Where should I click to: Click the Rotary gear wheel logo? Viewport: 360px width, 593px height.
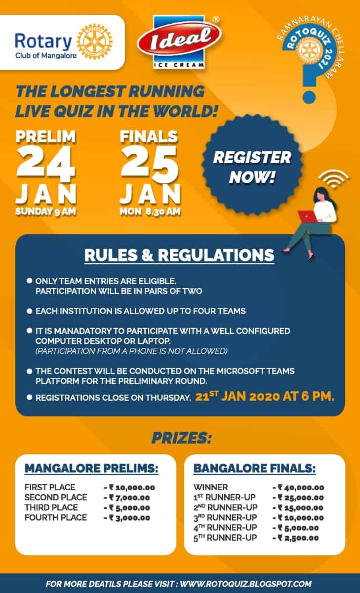pyautogui.click(x=94, y=42)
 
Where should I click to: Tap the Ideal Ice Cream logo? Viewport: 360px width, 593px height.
pyautogui.click(x=179, y=42)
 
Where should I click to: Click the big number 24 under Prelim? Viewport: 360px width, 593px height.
pyautogui.click(x=45, y=164)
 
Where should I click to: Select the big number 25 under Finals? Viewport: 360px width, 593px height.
pyautogui.click(x=150, y=164)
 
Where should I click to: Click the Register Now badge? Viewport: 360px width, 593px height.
pyautogui.click(x=252, y=167)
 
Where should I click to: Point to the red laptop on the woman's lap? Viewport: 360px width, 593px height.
pyautogui.click(x=307, y=216)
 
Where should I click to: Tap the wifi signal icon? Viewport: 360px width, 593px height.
pyautogui.click(x=334, y=179)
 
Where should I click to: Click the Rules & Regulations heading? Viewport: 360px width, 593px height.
pyautogui.click(x=179, y=255)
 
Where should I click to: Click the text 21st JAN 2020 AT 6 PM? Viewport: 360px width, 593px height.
pyautogui.click(x=265, y=396)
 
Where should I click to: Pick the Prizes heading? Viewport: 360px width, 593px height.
pyautogui.click(x=181, y=438)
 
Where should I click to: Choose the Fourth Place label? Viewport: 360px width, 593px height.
pyautogui.click(x=55, y=517)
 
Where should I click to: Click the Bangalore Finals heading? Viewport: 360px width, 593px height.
pyautogui.click(x=255, y=468)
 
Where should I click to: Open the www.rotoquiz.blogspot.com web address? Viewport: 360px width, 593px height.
pyautogui.click(x=246, y=584)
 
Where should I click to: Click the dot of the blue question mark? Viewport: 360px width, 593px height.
pyautogui.click(x=309, y=97)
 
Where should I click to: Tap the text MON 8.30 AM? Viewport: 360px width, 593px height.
pyautogui.click(x=150, y=212)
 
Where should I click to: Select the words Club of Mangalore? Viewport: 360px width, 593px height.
pyautogui.click(x=46, y=55)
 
